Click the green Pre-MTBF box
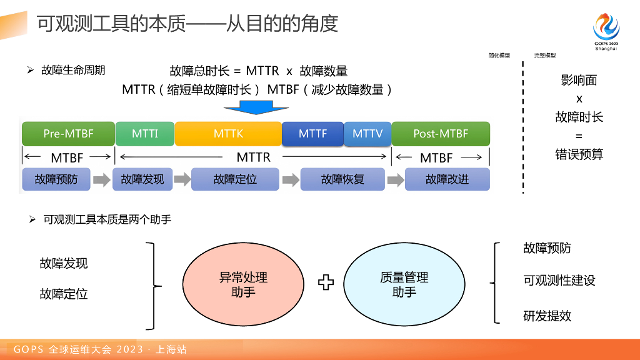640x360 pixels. [68, 134]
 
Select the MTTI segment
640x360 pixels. [145, 134]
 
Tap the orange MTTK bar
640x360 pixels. [228, 134]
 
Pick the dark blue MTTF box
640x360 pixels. [312, 134]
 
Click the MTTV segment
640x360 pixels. [367, 134]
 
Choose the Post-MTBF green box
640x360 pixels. [441, 134]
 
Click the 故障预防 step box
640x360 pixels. [56, 179]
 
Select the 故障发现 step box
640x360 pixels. [142, 179]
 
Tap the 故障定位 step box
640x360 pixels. [235, 179]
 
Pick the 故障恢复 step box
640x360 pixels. [342, 179]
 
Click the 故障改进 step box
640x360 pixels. [447, 179]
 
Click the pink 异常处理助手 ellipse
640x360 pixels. [243, 284]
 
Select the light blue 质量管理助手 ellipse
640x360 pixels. [404, 284]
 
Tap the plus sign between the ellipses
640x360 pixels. [326, 282]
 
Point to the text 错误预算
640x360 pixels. [579, 154]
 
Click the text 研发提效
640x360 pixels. [547, 316]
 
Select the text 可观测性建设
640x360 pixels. [559, 280]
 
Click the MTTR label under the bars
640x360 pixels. [254, 157]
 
